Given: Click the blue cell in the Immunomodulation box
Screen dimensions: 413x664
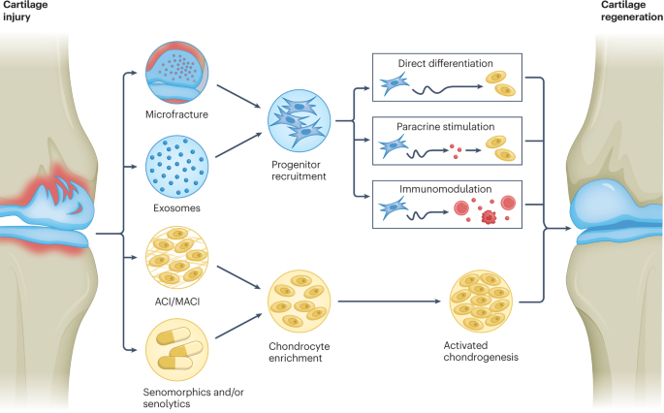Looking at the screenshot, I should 395,206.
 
